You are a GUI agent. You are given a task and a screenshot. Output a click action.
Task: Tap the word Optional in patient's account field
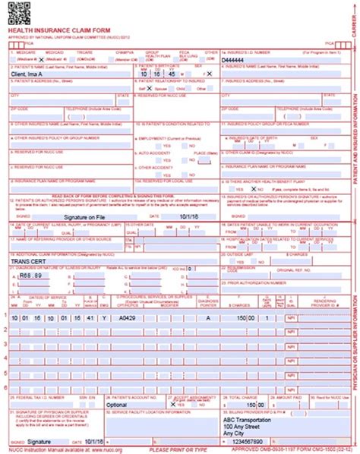(x=118, y=405)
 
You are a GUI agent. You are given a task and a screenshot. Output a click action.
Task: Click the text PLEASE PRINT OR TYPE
(x=181, y=449)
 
